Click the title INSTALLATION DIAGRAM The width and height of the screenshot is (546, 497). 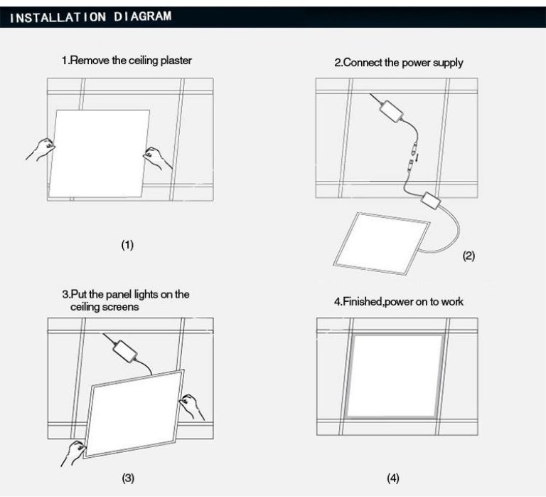[x=90, y=17]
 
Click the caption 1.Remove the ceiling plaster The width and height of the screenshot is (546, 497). [x=127, y=61]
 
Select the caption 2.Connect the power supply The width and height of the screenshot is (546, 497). [x=398, y=63]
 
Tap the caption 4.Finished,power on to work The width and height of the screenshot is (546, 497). [x=398, y=302]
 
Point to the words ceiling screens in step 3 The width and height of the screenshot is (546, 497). [x=104, y=307]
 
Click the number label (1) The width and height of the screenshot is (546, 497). [x=127, y=245]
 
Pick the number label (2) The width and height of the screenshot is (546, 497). [x=469, y=256]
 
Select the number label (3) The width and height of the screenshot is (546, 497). [x=127, y=477]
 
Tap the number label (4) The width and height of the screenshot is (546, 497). [x=392, y=477]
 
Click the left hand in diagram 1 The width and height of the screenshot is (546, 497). [x=41, y=149]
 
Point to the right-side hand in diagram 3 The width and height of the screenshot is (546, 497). [x=192, y=407]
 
